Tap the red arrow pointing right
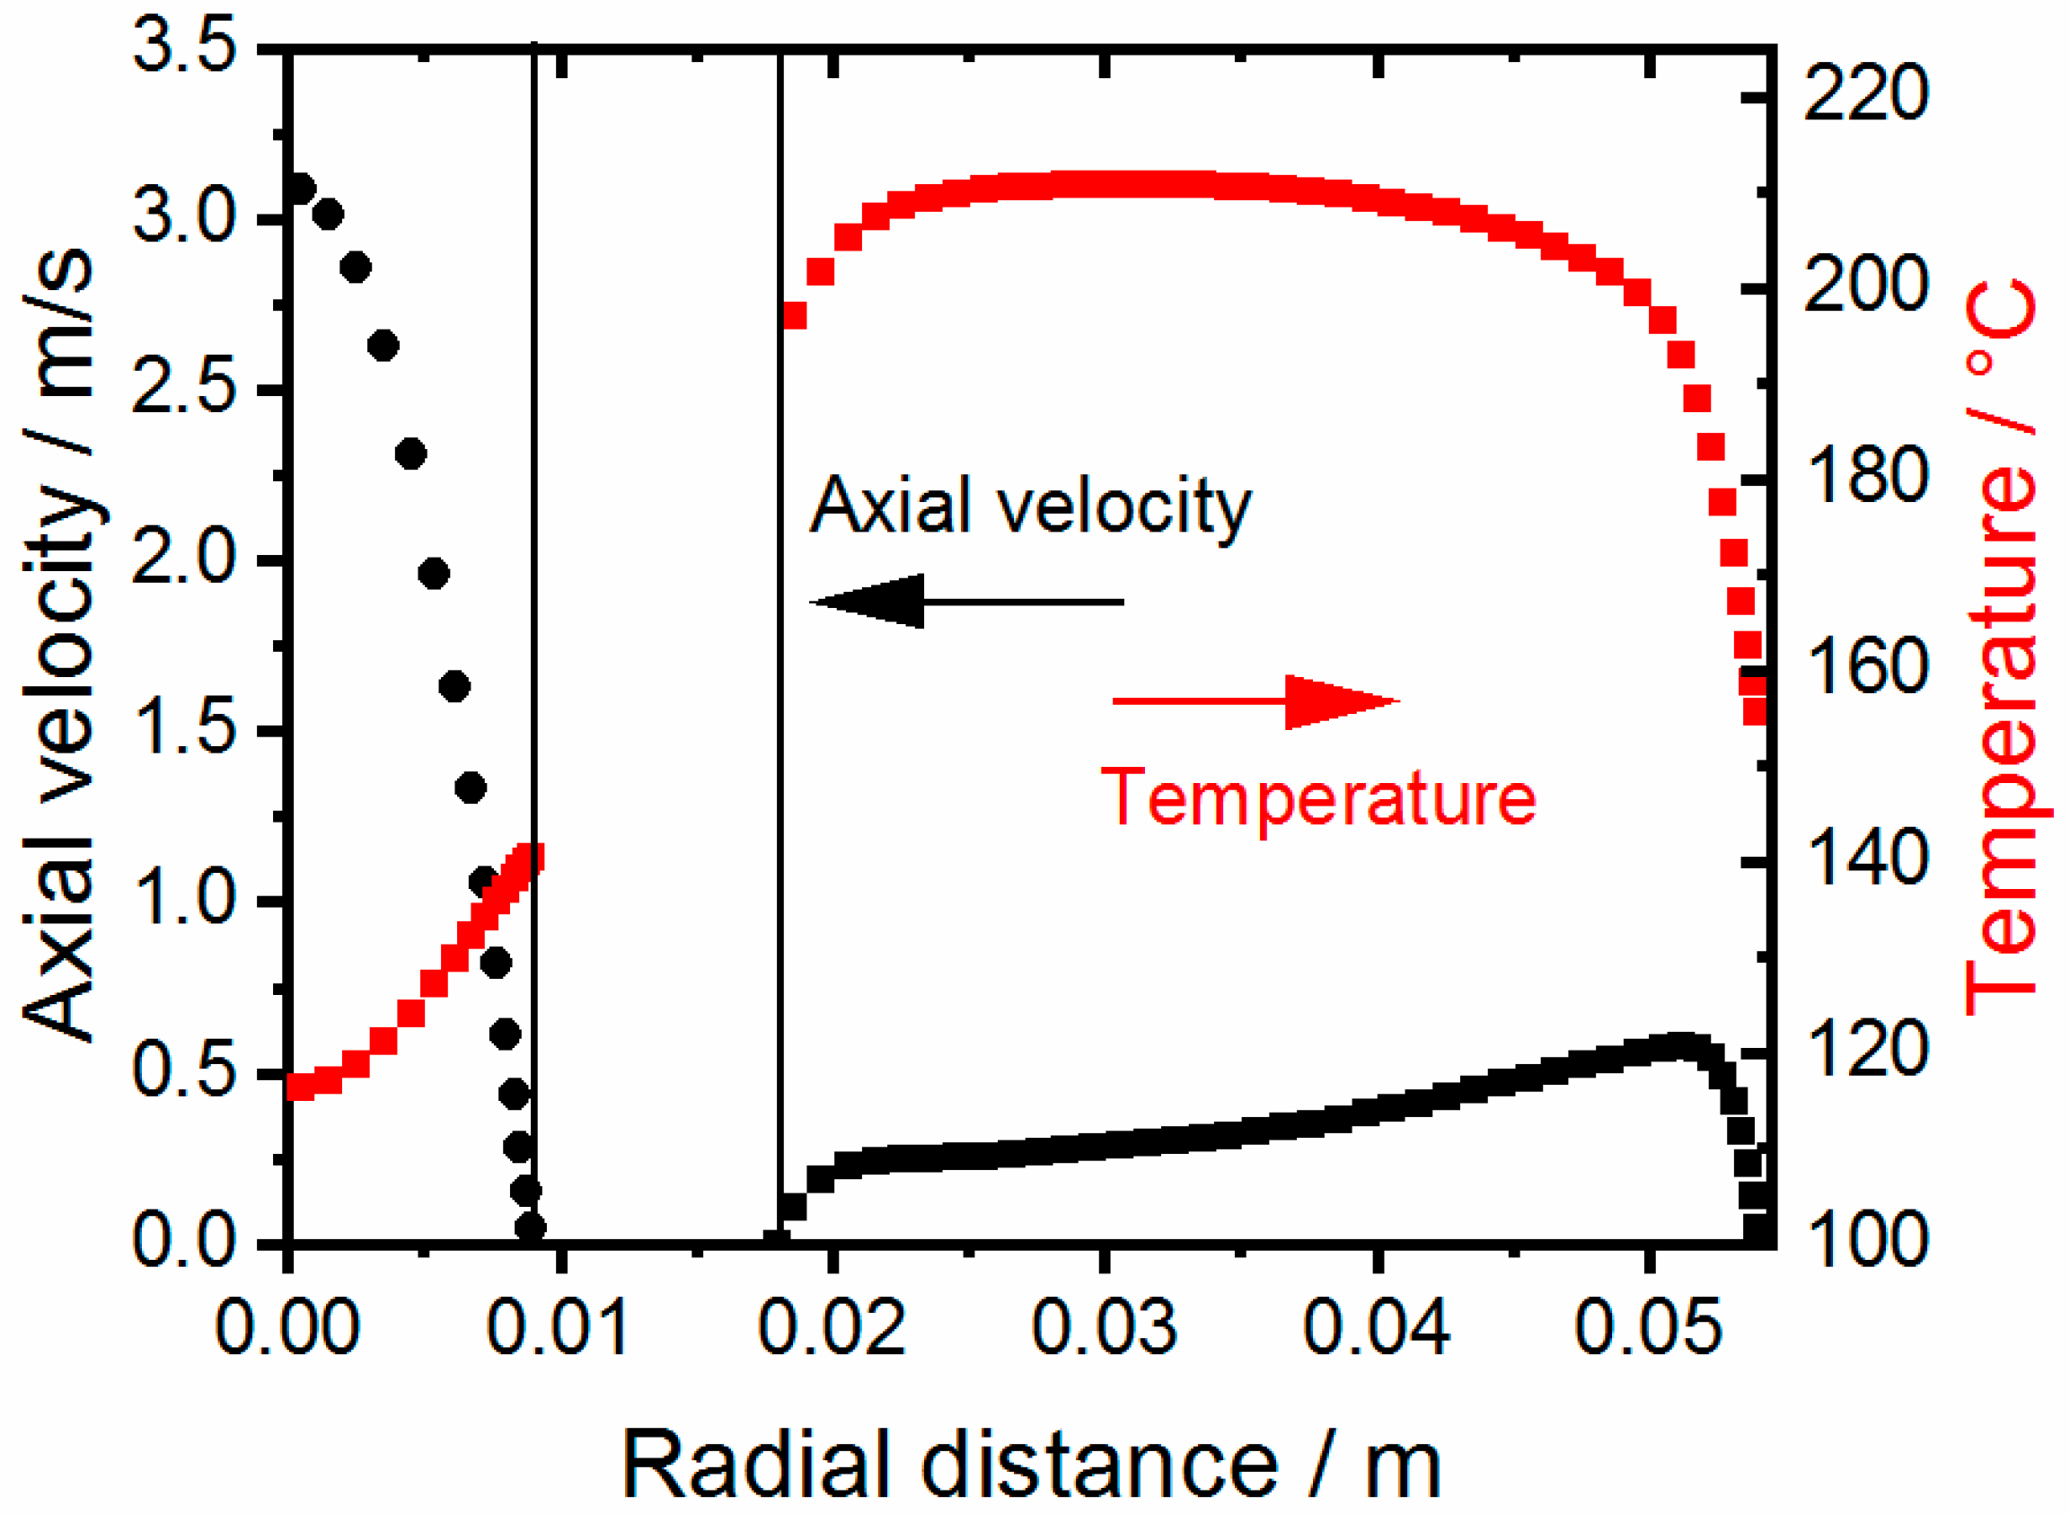tap(1255, 702)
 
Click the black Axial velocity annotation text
tap(1031, 506)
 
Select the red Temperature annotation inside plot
tap(1317, 797)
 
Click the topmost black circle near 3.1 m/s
tap(300, 189)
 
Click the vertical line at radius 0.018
tap(780, 641)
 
